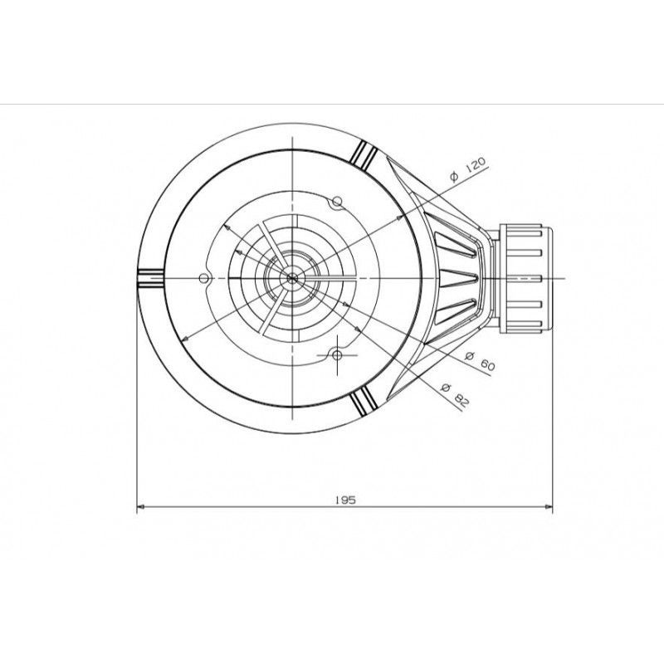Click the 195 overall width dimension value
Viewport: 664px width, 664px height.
click(x=345, y=500)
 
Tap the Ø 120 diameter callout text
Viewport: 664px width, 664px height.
click(x=469, y=169)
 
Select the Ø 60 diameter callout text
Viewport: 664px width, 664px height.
click(x=480, y=361)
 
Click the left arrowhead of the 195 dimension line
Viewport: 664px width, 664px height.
click(x=140, y=506)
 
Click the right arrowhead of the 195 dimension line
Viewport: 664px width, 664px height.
click(x=549, y=506)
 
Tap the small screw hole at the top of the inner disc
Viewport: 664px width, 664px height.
click(x=337, y=201)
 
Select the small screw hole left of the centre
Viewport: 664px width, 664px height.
click(x=204, y=278)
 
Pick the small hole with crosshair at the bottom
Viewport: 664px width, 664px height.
click(x=337, y=355)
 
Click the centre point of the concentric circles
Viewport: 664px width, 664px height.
click(x=292, y=278)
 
